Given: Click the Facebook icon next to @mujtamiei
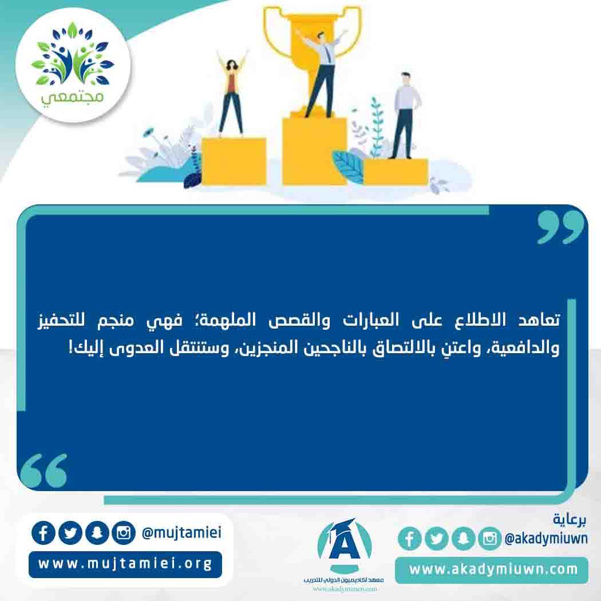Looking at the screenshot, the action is coord(44,533).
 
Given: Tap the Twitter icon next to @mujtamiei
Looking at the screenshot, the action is coord(70,533).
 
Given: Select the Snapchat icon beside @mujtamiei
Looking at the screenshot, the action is coord(97,533).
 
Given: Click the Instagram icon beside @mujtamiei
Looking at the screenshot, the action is coord(124,533).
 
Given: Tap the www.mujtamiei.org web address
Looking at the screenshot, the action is coord(125,564).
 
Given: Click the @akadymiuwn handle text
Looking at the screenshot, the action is coord(546,539).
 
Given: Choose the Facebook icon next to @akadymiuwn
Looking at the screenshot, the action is coord(410,539).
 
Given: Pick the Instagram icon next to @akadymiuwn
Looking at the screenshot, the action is coord(489,539).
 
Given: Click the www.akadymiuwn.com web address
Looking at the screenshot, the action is coord(493,569).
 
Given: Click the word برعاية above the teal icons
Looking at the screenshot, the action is coord(570,519).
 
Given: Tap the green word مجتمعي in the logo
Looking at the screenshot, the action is coord(73,97).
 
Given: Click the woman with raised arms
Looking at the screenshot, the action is coord(231,92).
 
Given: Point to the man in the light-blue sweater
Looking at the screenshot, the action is coord(404,116).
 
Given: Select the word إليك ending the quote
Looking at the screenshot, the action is coord(86,348).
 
